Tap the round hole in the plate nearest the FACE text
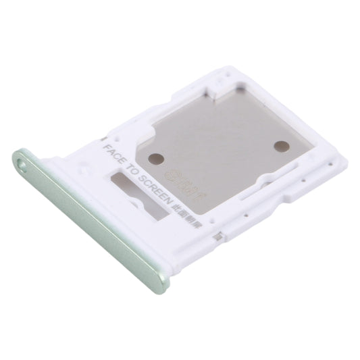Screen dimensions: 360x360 [156, 159]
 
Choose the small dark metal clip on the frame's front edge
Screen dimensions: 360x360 [217, 236]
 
